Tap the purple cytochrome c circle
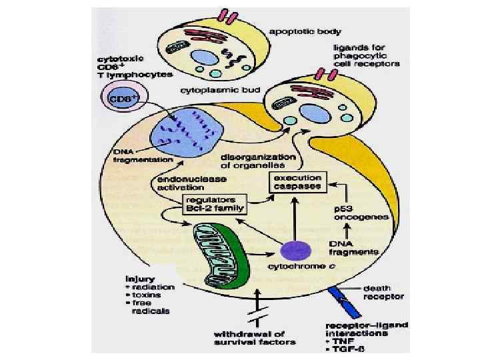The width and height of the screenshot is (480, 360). (x=295, y=249)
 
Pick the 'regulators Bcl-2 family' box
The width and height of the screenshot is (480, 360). (x=214, y=203)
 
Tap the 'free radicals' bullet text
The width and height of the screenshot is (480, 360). (x=151, y=307)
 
